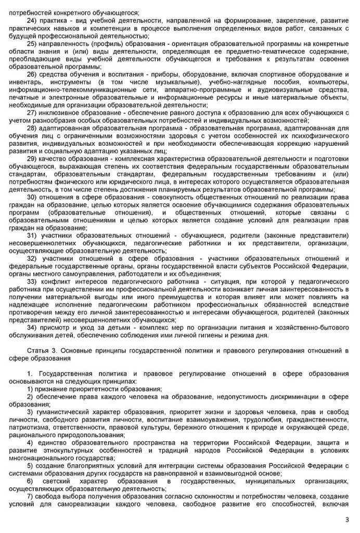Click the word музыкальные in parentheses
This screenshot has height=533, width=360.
[x=179, y=83]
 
